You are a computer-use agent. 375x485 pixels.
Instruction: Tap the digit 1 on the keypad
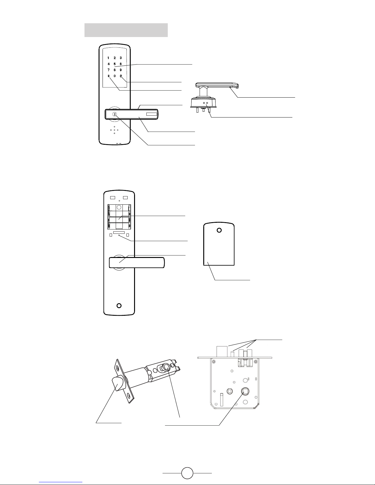click(x=108, y=58)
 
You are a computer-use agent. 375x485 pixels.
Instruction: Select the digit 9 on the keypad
click(x=121, y=70)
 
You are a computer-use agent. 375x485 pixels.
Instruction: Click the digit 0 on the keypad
click(x=114, y=76)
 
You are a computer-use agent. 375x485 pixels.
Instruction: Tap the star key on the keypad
click(x=108, y=76)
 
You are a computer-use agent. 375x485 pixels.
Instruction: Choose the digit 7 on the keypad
click(x=108, y=70)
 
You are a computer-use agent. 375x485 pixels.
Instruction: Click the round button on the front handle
click(x=115, y=114)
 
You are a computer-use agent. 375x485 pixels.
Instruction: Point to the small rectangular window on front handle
click(x=152, y=114)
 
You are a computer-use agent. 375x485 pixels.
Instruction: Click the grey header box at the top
click(x=126, y=30)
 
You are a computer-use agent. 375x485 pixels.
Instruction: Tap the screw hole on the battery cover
click(x=219, y=230)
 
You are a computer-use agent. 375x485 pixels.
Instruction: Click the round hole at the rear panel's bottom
click(x=119, y=306)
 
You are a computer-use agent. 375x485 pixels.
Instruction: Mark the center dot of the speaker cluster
click(x=114, y=130)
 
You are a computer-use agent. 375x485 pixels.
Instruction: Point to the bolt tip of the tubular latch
click(x=118, y=383)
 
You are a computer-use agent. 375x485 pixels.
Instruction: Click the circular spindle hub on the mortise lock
click(x=245, y=391)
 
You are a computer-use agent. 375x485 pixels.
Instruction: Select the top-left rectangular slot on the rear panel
click(x=113, y=198)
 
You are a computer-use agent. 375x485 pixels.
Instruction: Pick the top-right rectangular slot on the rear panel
click(x=125, y=198)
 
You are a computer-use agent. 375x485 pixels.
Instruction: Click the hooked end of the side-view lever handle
click(x=236, y=85)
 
